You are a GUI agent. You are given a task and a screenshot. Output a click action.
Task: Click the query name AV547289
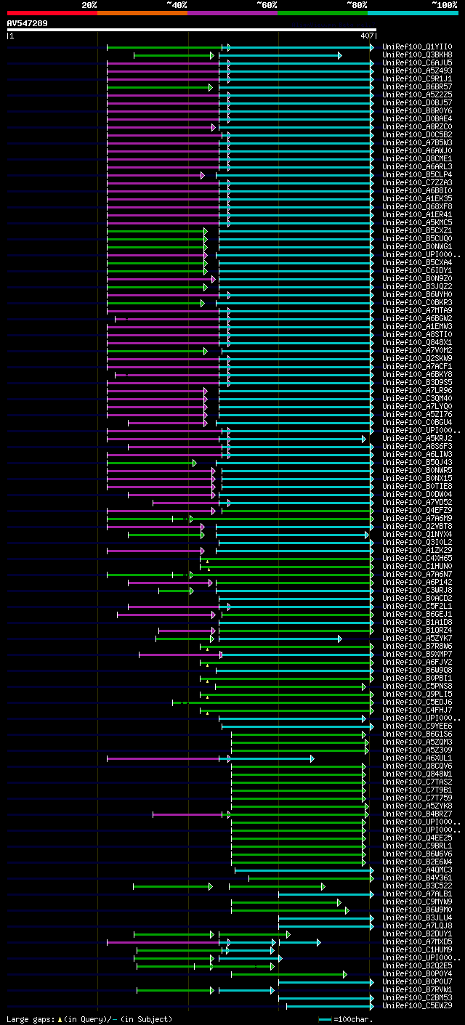[28, 24]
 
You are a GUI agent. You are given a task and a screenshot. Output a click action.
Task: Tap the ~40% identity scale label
[177, 5]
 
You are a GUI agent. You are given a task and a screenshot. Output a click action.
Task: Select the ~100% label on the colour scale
[444, 5]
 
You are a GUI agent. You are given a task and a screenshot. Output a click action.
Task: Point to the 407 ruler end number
[366, 36]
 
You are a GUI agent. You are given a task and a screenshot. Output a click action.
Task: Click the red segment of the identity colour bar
[52, 13]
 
